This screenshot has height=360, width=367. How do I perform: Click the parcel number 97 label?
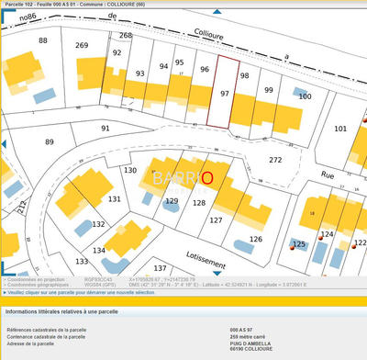(225, 94)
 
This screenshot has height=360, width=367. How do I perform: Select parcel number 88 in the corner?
(43, 41)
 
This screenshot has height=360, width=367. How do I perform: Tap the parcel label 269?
(82, 45)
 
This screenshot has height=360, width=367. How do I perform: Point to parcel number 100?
(305, 96)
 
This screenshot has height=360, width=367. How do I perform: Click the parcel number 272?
(275, 160)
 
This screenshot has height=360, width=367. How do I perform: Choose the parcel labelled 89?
(49, 141)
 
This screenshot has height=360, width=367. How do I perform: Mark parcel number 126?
(255, 239)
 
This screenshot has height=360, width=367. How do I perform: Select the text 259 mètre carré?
(252, 336)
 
